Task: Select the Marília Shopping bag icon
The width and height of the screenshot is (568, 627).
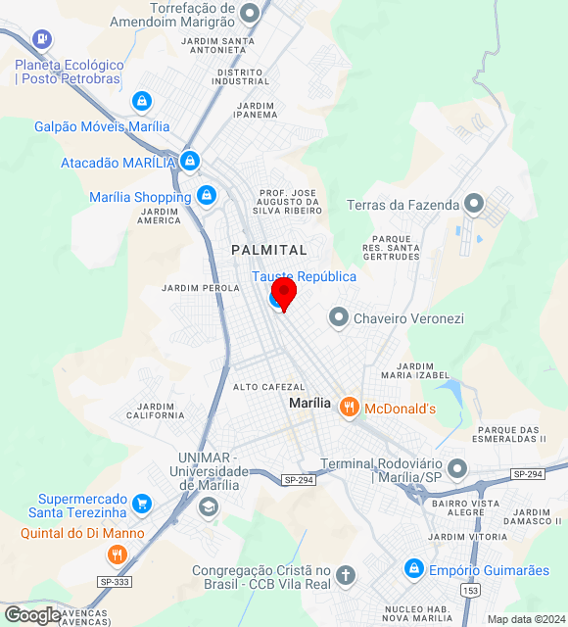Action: coord(206,196)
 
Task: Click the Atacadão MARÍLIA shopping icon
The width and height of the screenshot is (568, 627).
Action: coord(190,161)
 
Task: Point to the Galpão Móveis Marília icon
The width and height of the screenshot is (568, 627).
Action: coord(143,101)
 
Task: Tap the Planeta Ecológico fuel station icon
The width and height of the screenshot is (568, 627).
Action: coord(41,38)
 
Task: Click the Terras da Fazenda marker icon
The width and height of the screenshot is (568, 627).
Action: coord(475,204)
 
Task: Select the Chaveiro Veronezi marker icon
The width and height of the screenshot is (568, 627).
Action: coord(338,317)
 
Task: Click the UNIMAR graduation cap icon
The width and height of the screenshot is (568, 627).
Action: coord(208,506)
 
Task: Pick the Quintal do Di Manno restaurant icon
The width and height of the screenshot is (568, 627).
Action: coord(118,555)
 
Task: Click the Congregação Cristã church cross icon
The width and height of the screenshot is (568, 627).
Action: coord(345,575)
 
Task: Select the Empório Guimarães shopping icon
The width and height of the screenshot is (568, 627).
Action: coord(414,568)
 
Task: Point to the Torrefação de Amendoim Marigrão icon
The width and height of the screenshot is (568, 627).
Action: coord(251,14)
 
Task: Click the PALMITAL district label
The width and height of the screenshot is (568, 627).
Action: coord(269,250)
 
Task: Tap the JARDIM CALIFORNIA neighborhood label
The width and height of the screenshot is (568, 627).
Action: coord(155,410)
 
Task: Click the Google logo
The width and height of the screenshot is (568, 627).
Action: coord(31,614)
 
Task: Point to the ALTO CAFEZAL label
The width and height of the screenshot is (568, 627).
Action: coord(269,387)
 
